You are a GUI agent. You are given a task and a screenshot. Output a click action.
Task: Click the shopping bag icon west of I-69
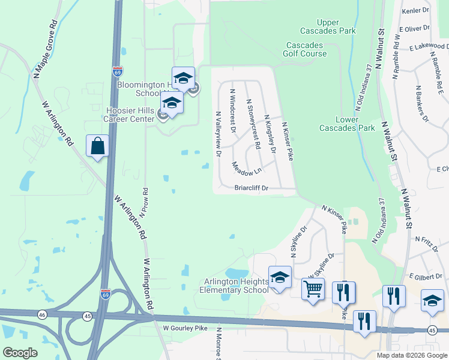coord(97,146)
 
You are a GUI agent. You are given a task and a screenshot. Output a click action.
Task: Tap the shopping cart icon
coord(313,289)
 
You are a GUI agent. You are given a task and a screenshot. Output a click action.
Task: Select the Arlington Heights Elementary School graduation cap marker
coord(280,277)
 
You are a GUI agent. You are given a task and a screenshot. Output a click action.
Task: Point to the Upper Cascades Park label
coord(328,27)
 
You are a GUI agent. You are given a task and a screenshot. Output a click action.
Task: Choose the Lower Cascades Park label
coord(347,124)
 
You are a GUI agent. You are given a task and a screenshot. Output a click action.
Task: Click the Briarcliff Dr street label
coord(252,188)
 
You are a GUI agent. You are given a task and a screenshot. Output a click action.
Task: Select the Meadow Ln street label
coord(247,167)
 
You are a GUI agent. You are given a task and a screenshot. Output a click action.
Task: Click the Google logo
coord(20,352)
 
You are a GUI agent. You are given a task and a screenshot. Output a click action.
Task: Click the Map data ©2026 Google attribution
coord(411,355)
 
